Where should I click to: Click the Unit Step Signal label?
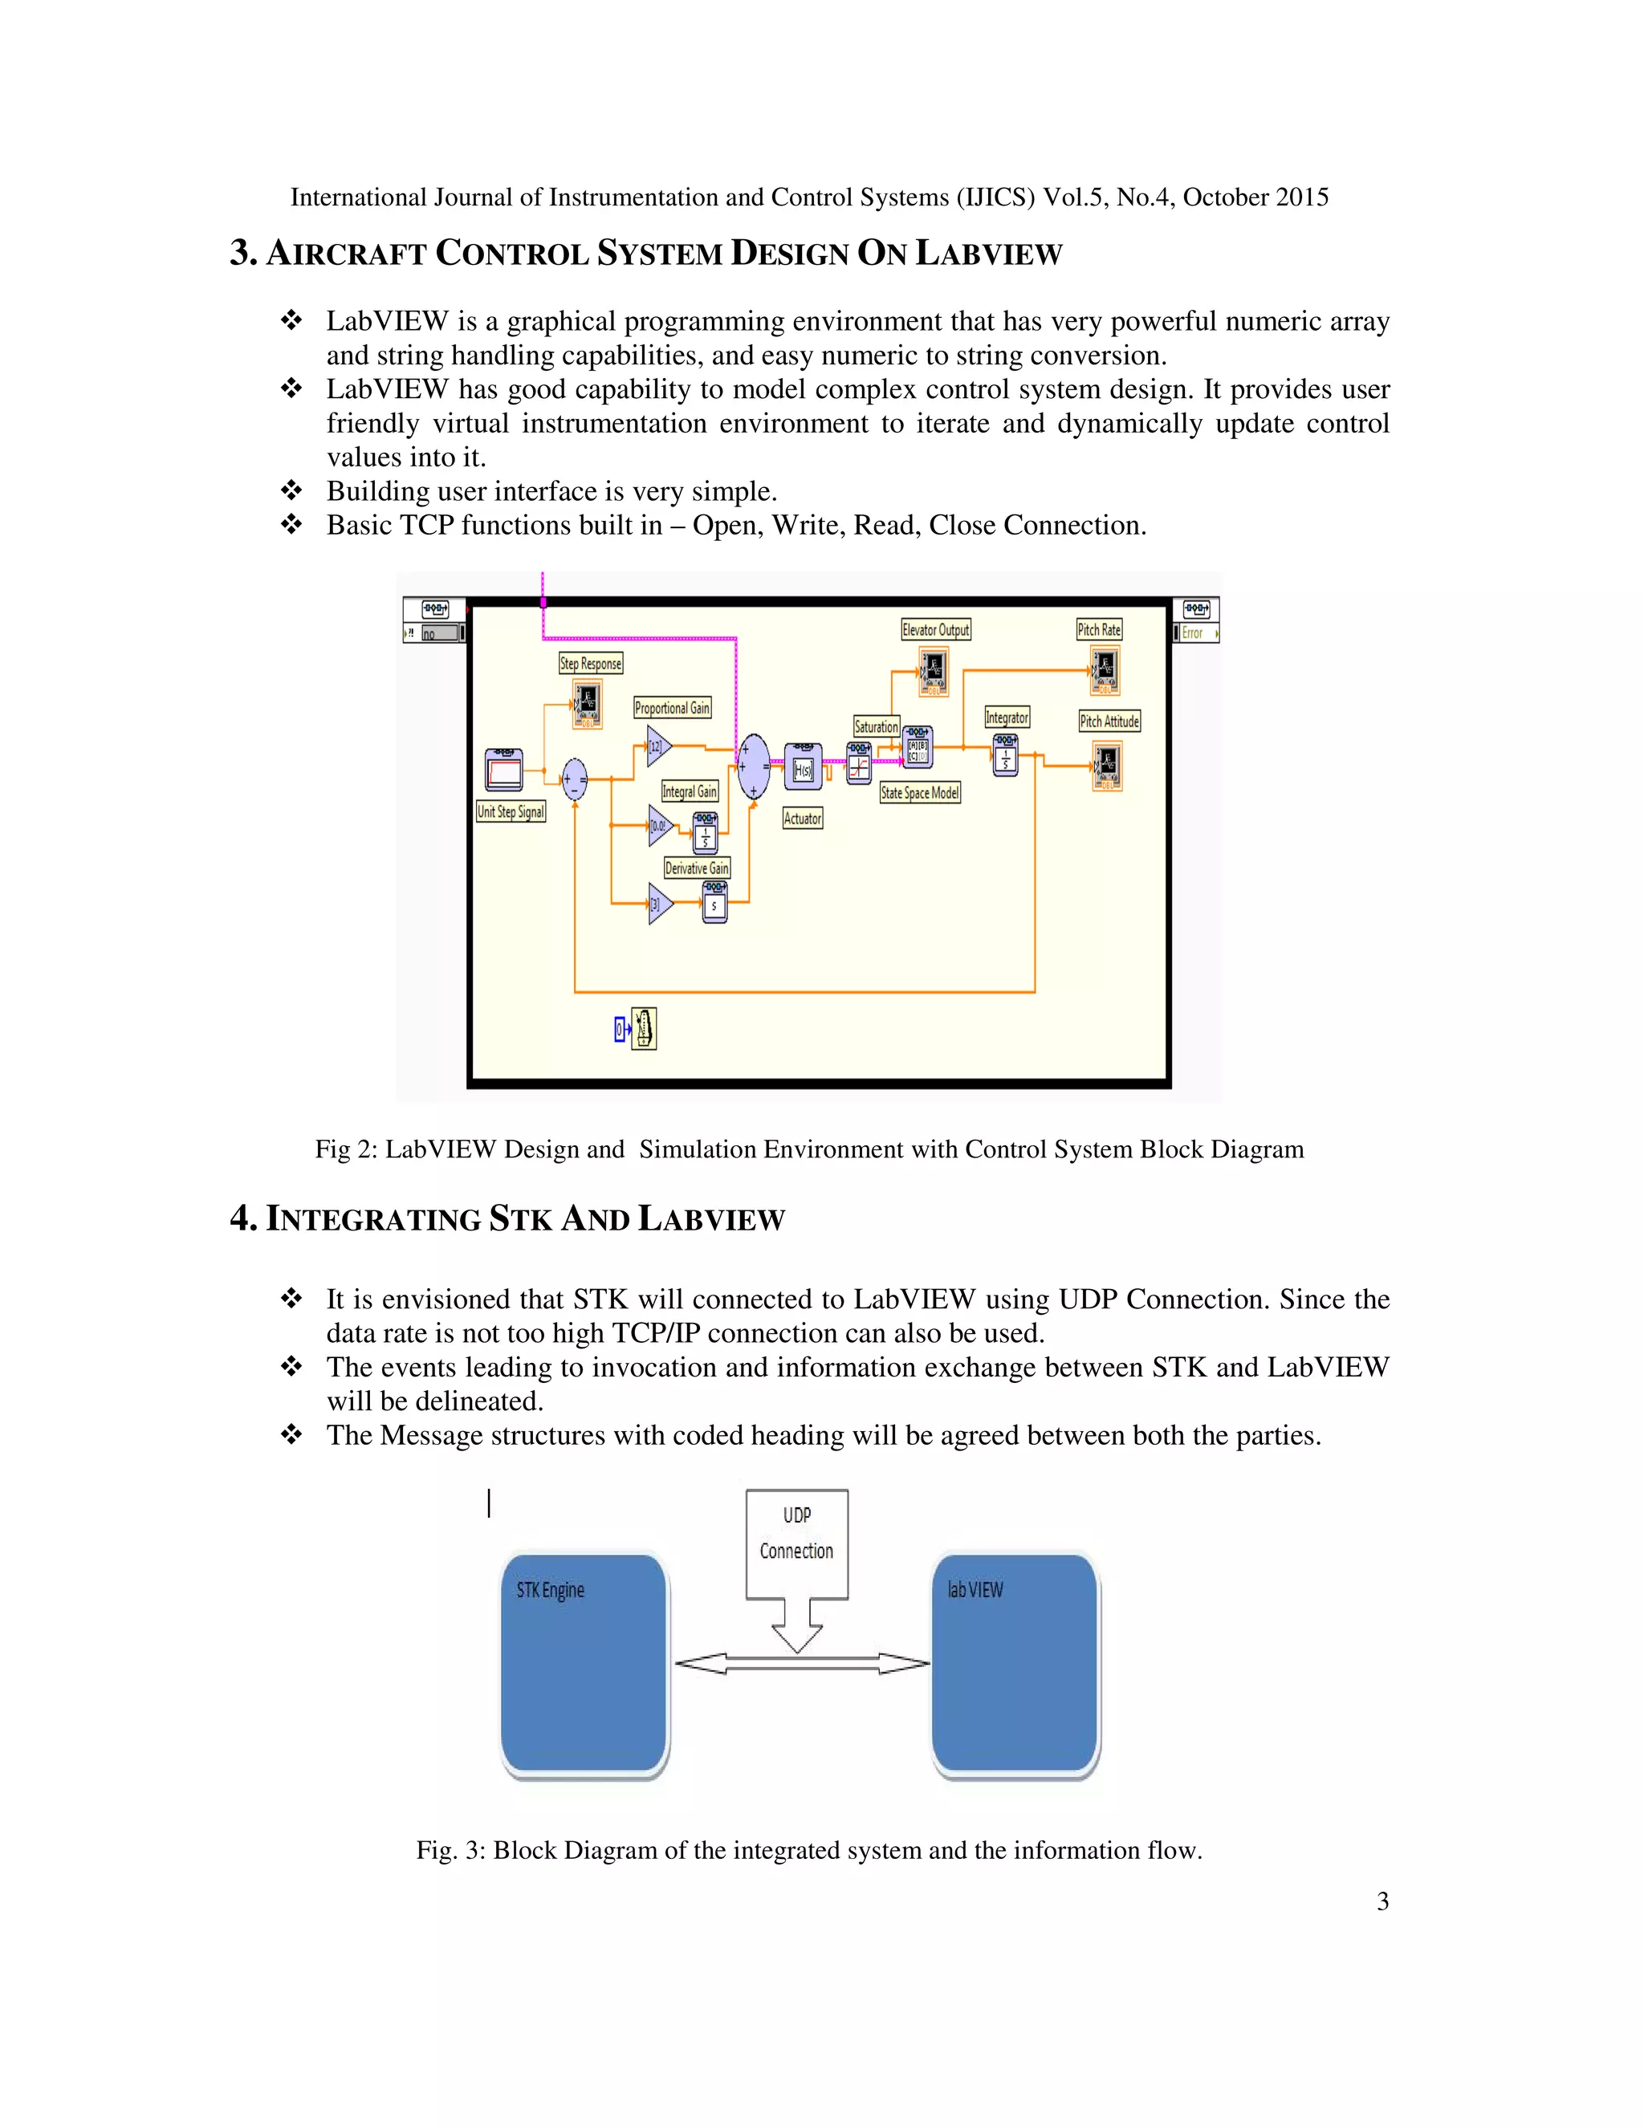point(511,811)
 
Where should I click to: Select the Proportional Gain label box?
point(672,708)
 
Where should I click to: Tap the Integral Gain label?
point(690,791)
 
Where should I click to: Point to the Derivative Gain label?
point(696,868)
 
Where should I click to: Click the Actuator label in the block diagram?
point(803,818)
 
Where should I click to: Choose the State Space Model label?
point(919,793)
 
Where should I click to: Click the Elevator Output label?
point(936,629)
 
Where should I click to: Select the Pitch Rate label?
point(1099,629)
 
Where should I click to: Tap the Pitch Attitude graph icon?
point(1106,766)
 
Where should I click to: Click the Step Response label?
point(590,663)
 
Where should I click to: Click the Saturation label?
point(876,726)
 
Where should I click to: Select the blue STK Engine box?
point(584,1665)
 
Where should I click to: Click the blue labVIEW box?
point(1015,1665)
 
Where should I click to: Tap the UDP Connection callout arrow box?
point(796,1548)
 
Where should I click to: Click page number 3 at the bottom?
point(1382,1901)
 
